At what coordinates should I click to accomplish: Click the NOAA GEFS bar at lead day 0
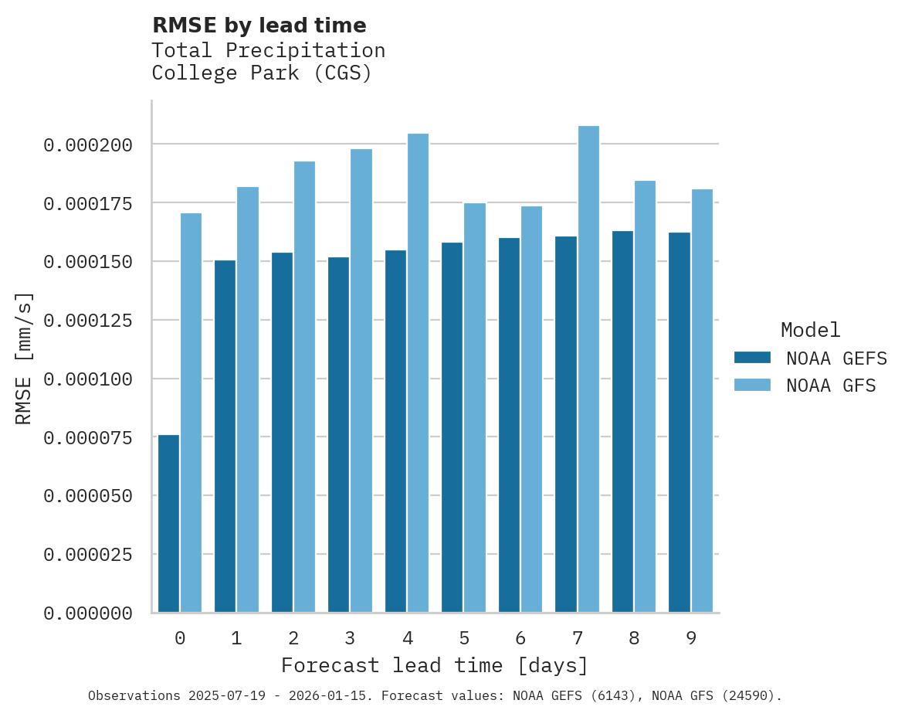168,524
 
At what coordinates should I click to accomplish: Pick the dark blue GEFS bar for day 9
680,423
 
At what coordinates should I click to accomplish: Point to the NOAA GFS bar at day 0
191,413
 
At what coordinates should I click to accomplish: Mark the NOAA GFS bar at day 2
304,387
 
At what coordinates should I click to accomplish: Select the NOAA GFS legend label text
831,385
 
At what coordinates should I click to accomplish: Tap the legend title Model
810,330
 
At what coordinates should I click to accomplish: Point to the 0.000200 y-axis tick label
88,145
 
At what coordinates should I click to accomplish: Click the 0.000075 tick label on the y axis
88,437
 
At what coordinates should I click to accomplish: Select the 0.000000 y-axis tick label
88,613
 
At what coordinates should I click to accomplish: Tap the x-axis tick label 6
520,638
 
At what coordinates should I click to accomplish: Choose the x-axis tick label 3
350,638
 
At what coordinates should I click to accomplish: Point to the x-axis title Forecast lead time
434,665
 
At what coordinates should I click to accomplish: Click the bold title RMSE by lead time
259,25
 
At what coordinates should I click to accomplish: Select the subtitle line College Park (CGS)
262,73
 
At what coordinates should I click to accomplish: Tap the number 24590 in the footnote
747,695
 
